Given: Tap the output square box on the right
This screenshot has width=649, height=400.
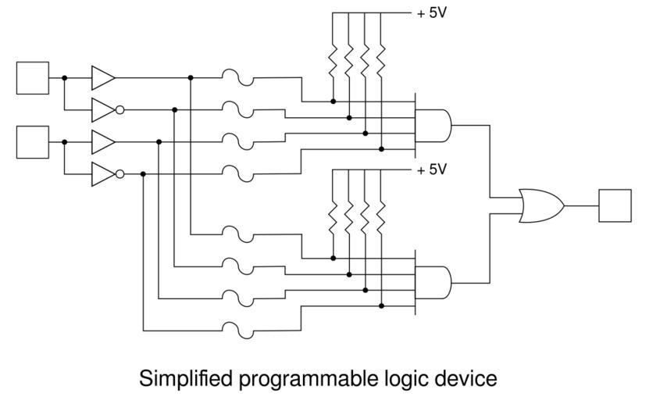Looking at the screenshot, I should tap(615, 205).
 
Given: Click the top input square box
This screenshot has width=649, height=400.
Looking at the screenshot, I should tap(33, 77).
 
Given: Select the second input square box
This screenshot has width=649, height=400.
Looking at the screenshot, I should tap(33, 142).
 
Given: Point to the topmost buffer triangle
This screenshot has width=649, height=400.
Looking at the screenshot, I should tap(102, 77).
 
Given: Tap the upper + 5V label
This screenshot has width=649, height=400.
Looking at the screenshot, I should tap(431, 13).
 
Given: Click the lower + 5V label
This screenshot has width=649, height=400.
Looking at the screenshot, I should tap(431, 170).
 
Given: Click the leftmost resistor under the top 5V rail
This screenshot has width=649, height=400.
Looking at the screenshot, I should tap(333, 58).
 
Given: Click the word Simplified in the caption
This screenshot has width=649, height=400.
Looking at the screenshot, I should tap(186, 380).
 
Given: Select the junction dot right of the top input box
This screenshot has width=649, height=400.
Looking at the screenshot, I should tap(64, 77).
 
